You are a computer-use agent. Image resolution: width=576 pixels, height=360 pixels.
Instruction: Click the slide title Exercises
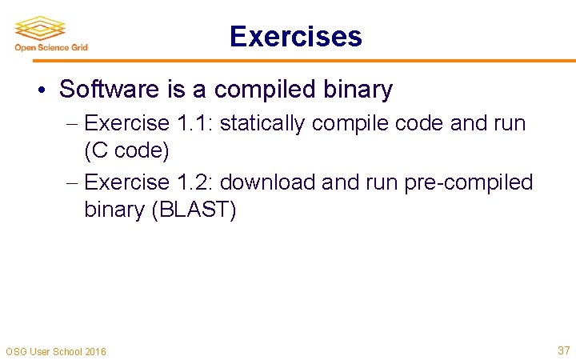point(295,36)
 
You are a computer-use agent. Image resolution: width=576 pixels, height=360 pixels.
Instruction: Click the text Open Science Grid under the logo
point(51,47)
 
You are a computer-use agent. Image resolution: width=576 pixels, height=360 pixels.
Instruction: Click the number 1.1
point(194,123)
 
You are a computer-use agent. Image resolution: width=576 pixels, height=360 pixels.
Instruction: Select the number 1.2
point(194,182)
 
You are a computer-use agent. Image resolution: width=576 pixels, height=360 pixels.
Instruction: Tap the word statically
point(262,123)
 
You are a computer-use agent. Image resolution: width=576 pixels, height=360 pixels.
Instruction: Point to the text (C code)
point(126,150)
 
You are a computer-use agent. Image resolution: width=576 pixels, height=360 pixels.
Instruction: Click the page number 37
point(563,350)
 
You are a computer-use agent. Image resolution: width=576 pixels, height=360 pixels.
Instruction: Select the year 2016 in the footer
point(94,352)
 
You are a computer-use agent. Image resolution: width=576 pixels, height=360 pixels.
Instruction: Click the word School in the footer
point(65,352)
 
